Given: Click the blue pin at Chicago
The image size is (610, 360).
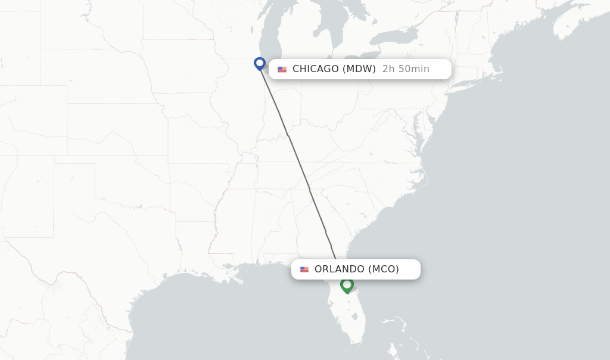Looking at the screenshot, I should (x=260, y=63).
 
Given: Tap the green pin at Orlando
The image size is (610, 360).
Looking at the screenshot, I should (x=347, y=285).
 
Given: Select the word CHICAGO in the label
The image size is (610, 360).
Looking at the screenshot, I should (x=315, y=69).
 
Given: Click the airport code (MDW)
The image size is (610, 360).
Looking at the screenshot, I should (x=359, y=69).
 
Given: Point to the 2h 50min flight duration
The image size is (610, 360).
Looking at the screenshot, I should (x=406, y=69).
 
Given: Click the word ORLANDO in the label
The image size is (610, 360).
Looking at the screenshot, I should (x=340, y=269).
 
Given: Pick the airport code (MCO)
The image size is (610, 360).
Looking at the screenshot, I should (x=384, y=269).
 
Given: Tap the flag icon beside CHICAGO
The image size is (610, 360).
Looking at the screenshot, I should (x=282, y=69).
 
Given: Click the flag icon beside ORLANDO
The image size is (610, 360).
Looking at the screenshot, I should (x=304, y=269).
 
